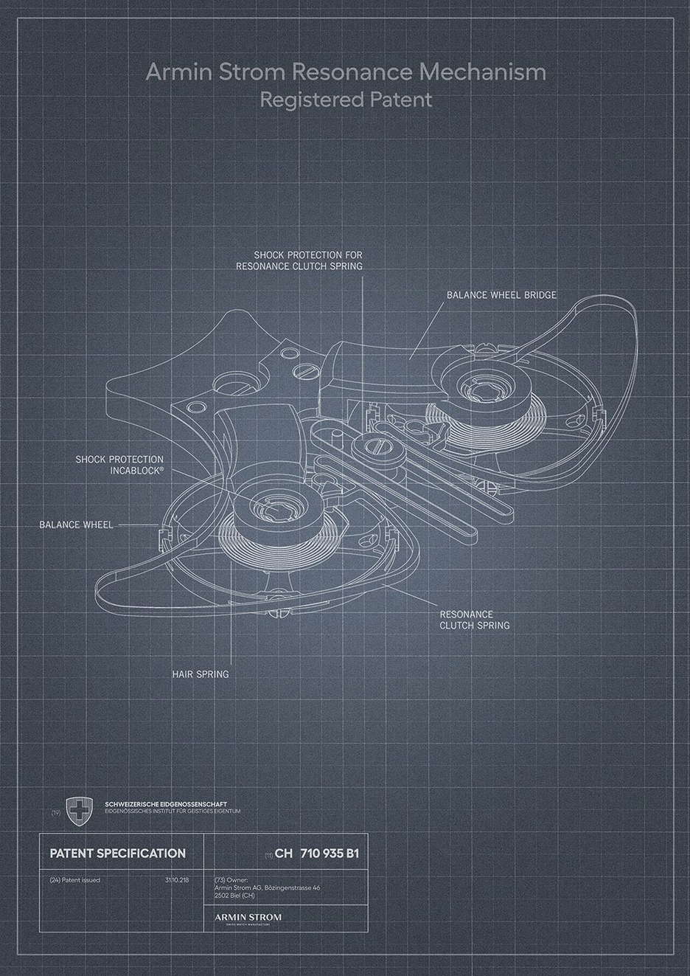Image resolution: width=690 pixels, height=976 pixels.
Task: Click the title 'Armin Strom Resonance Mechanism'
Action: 346,72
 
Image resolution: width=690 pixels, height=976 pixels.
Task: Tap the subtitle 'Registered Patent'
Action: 346,99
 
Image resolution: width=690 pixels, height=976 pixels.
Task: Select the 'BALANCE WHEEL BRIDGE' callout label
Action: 501,295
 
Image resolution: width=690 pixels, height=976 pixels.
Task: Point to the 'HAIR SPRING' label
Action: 200,674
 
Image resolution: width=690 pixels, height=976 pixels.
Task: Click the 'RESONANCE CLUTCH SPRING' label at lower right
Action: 474,620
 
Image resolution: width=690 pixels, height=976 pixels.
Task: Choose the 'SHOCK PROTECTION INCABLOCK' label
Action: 119,464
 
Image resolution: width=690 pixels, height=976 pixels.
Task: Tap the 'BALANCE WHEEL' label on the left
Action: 76,525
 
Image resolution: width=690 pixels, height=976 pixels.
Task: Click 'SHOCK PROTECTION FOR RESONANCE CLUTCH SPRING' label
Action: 300,260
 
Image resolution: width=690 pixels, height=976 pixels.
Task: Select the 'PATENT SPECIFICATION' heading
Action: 117,854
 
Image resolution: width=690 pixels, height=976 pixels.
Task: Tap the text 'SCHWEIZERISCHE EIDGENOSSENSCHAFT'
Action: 166,803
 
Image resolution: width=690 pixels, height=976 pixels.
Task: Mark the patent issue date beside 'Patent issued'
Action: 178,880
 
